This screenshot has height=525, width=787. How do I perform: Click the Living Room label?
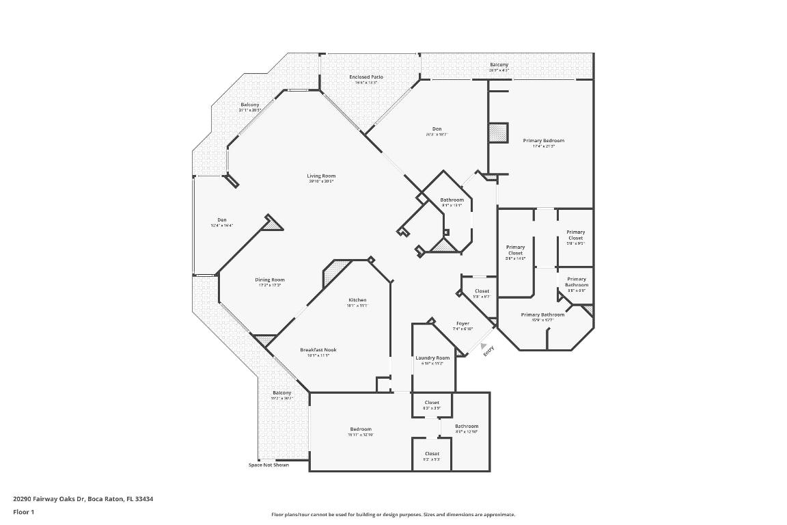[320, 176]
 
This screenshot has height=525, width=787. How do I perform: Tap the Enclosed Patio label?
[366, 77]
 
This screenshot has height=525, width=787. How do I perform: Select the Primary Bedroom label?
[544, 141]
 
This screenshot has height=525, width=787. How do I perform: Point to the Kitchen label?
[357, 300]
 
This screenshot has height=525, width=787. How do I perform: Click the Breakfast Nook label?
[318, 350]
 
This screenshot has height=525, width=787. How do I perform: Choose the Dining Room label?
[270, 280]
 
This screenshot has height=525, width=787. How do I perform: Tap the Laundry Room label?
[432, 358]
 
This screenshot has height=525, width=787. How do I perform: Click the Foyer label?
[462, 323]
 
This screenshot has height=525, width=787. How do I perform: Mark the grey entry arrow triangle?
[484, 346]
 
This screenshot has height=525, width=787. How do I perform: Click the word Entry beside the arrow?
[488, 351]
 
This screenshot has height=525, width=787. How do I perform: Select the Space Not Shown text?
[268, 465]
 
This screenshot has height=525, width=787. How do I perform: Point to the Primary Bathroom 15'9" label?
[542, 314]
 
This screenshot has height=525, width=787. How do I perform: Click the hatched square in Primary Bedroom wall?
[499, 132]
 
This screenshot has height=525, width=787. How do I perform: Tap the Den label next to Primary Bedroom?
[437, 129]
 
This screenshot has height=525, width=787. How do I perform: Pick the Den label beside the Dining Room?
[222, 219]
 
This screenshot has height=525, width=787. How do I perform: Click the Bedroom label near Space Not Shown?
[361, 429]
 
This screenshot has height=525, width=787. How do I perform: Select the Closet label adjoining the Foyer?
[482, 291]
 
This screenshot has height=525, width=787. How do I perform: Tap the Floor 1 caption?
[23, 512]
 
